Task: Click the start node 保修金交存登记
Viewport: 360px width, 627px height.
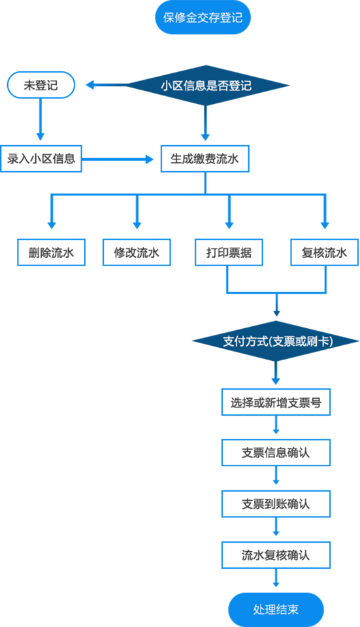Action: pyautogui.click(x=203, y=18)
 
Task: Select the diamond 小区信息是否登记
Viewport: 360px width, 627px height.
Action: pyautogui.click(x=206, y=85)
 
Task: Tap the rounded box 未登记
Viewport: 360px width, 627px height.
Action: pyautogui.click(x=41, y=85)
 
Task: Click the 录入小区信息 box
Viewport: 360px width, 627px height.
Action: pyautogui.click(x=41, y=159)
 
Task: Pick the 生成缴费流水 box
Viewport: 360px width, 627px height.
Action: pyautogui.click(x=205, y=159)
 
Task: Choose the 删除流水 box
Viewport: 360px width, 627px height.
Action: pyautogui.click(x=51, y=252)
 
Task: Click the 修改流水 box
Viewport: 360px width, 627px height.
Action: pyautogui.click(x=137, y=252)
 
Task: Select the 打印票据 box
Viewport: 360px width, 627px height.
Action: pyautogui.click(x=229, y=252)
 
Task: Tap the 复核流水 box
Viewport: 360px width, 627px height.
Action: pyautogui.click(x=325, y=252)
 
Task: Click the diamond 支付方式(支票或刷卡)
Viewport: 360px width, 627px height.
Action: pyautogui.click(x=276, y=341)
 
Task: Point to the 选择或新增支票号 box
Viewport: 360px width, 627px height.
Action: pyautogui.click(x=276, y=402)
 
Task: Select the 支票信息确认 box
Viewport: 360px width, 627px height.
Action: pyautogui.click(x=276, y=452)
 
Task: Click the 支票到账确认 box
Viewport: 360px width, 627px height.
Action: pyautogui.click(x=276, y=503)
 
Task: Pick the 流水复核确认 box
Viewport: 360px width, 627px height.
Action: pyautogui.click(x=276, y=555)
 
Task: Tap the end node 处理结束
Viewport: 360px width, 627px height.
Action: pyautogui.click(x=276, y=609)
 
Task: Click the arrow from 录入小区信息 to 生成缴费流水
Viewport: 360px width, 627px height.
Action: pyautogui.click(x=118, y=160)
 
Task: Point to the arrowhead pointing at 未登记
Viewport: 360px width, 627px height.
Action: pyautogui.click(x=90, y=85)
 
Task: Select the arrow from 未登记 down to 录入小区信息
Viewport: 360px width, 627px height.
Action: pyautogui.click(x=41, y=119)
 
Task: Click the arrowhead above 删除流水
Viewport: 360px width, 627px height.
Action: pyautogui.click(x=51, y=225)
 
